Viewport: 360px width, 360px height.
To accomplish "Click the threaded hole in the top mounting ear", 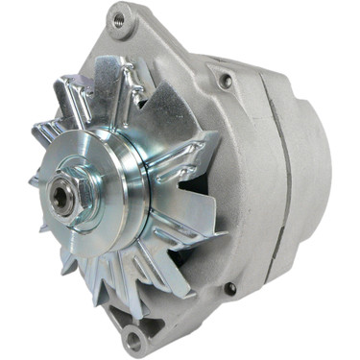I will point(120,16).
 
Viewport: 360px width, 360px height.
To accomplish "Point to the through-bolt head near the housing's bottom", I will point(229,288).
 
